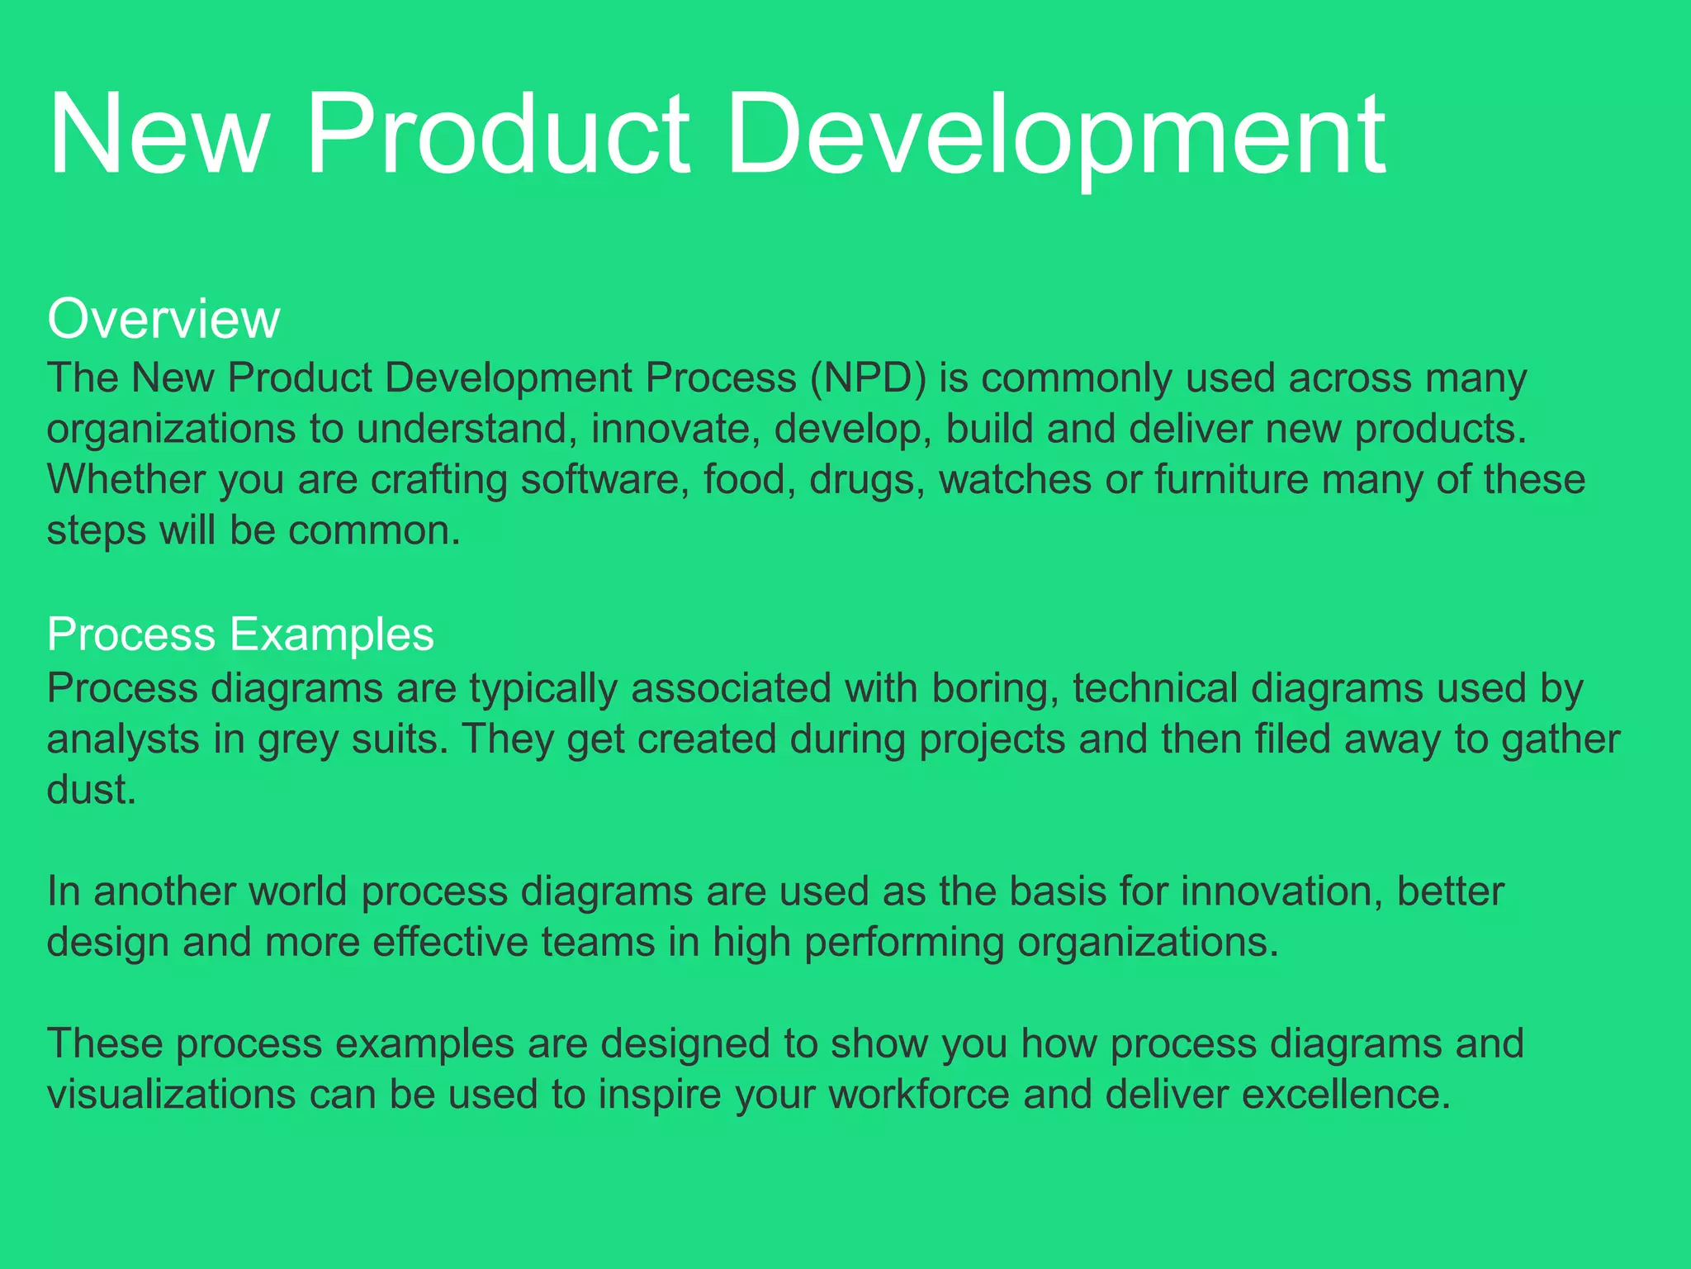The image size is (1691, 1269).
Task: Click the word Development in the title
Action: click(1057, 136)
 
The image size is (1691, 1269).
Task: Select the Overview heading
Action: click(163, 319)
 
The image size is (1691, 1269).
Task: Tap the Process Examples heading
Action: click(240, 634)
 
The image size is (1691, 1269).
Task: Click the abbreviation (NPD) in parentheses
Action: click(868, 378)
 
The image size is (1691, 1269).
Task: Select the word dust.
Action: click(90, 790)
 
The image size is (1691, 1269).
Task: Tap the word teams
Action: click(598, 943)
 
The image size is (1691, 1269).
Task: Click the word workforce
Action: click(919, 1095)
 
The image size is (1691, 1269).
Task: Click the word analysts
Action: click(122, 740)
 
